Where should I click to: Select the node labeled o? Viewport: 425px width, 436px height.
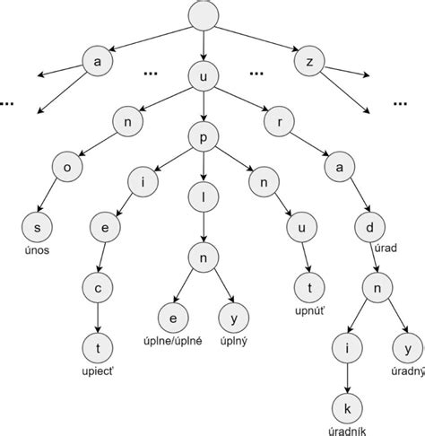(66, 167)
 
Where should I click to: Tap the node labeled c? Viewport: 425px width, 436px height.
(96, 288)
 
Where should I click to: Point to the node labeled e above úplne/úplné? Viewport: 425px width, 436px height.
(169, 317)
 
